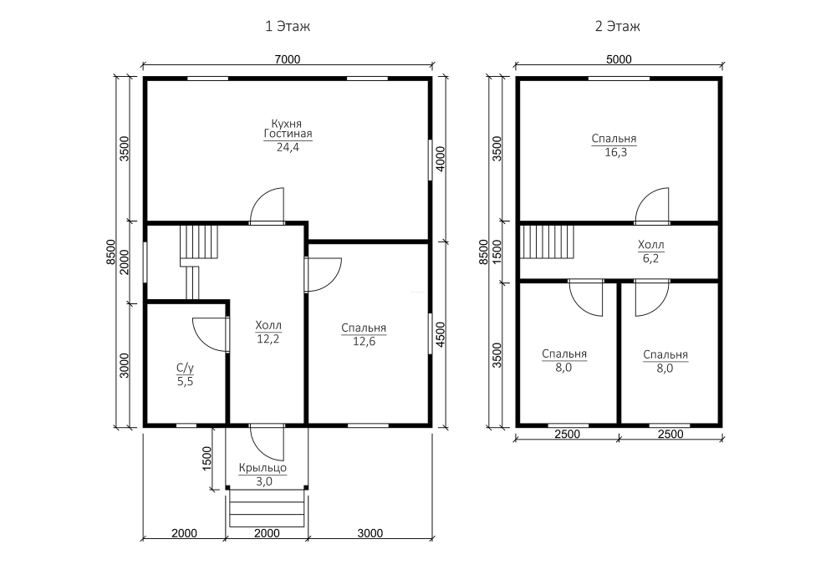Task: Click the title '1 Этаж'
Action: [x=288, y=26]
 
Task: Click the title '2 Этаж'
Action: [x=618, y=26]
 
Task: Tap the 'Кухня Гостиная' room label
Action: [x=288, y=129]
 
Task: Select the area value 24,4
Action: [x=288, y=148]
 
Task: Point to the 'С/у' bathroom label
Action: [x=185, y=368]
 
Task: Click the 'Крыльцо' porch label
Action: [x=263, y=468]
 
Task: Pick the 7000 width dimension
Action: [x=288, y=59]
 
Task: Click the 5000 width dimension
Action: [x=619, y=59]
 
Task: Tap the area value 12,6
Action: [x=364, y=342]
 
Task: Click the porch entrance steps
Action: [x=268, y=508]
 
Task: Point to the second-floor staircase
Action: [x=547, y=242]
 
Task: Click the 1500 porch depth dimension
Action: [x=206, y=458]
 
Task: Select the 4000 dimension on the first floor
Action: [x=441, y=159]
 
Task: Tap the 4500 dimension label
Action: [x=441, y=334]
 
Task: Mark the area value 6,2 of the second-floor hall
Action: [x=651, y=258]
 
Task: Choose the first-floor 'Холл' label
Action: [x=268, y=325]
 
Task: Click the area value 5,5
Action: [x=185, y=381]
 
